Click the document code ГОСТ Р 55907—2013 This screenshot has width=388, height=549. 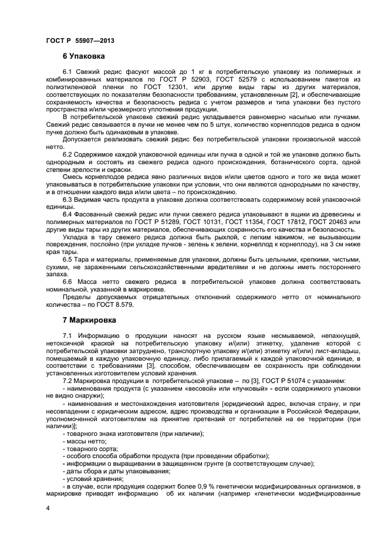click(79, 40)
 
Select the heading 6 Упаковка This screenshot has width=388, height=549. click(84, 57)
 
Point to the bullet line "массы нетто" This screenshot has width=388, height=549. click(87, 440)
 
